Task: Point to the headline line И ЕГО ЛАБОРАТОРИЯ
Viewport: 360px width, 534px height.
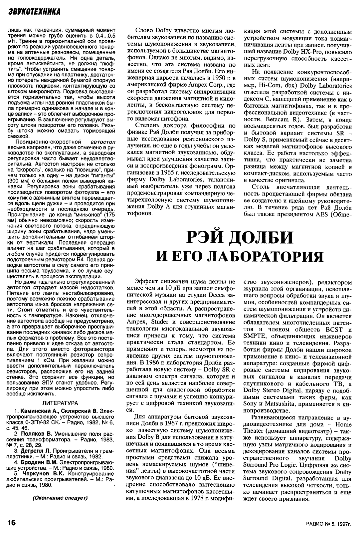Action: pyautogui.click(x=239, y=256)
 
